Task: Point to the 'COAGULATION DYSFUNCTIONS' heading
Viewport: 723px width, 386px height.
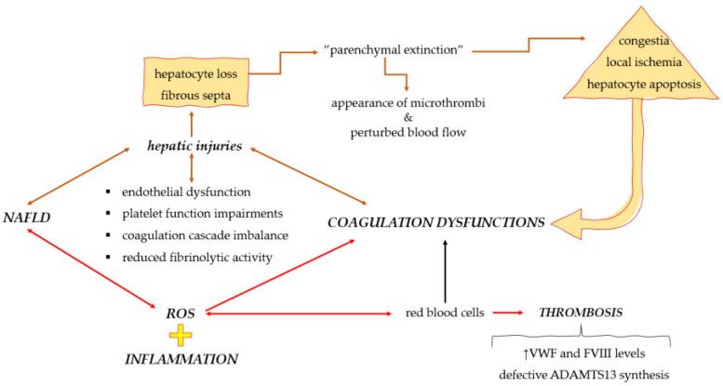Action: point(437,223)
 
